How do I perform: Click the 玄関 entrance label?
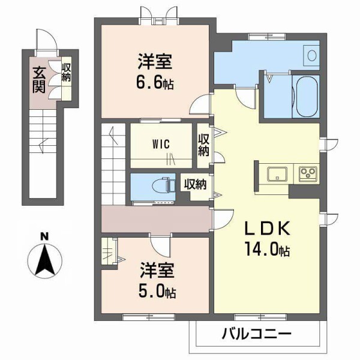tap(39, 79)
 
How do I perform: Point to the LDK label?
tap(268, 229)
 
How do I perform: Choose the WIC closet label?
tap(160, 144)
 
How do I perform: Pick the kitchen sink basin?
tap(277, 174)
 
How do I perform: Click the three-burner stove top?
tap(308, 174)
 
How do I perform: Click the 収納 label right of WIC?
tap(204, 145)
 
